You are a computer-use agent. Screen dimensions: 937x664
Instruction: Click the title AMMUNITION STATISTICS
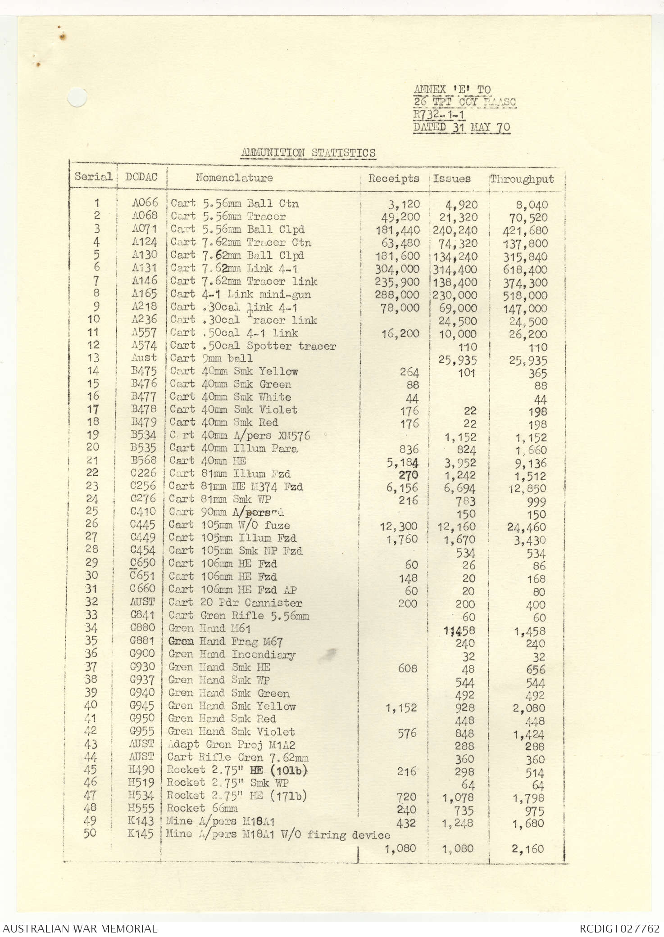click(x=308, y=153)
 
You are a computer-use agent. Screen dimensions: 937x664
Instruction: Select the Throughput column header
click(x=522, y=179)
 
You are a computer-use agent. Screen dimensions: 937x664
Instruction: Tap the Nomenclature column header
click(x=234, y=177)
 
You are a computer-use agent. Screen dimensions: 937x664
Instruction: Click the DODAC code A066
click(x=145, y=203)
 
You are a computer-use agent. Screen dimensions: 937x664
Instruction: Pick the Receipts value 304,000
click(x=397, y=269)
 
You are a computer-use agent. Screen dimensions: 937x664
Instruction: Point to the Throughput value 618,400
click(x=525, y=270)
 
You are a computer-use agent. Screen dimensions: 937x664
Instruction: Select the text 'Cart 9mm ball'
click(x=211, y=358)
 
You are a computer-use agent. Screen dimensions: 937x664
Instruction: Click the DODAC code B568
click(x=143, y=460)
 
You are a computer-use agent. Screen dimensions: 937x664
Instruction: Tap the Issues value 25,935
click(x=458, y=360)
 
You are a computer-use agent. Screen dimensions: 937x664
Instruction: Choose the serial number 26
click(x=91, y=523)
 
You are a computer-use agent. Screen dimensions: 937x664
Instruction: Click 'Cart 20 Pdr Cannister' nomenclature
click(x=235, y=603)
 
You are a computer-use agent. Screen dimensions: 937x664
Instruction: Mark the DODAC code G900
click(x=142, y=653)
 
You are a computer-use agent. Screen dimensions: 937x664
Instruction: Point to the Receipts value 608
click(x=407, y=668)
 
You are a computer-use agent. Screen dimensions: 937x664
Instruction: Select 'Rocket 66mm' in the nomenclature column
click(x=202, y=808)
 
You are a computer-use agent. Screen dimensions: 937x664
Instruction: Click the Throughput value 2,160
click(x=528, y=849)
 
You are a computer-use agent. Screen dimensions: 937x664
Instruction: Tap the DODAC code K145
click(x=141, y=833)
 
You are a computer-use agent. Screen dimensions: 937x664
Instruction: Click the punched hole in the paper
click(x=77, y=98)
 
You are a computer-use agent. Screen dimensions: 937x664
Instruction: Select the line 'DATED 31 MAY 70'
click(x=462, y=127)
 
